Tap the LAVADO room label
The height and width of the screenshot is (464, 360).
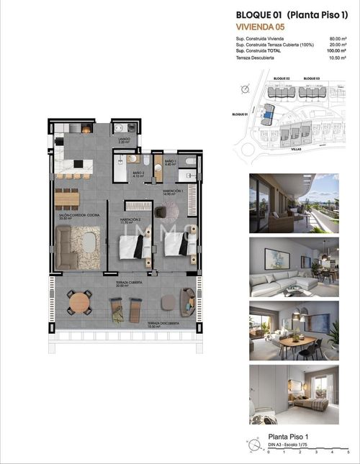(x=124, y=140)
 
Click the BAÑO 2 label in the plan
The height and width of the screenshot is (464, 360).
(x=138, y=174)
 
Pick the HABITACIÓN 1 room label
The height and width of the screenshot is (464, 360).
(x=169, y=191)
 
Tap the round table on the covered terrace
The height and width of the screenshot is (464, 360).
(x=79, y=303)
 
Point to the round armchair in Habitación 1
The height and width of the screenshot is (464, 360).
(x=170, y=209)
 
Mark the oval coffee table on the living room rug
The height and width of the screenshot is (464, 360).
(x=88, y=245)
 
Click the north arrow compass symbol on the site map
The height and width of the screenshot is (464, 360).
(x=246, y=89)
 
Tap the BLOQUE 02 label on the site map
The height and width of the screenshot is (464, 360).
(x=282, y=78)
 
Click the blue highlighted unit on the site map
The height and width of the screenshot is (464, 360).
(x=269, y=112)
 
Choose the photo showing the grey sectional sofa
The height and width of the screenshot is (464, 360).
(x=294, y=267)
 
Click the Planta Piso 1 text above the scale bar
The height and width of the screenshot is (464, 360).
(x=287, y=437)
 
